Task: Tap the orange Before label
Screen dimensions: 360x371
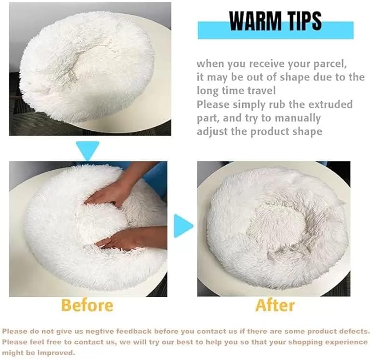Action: click(x=87, y=304)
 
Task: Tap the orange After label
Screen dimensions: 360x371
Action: click(x=275, y=304)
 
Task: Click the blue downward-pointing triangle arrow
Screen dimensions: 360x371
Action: click(x=87, y=149)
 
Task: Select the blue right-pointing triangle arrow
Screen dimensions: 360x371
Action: click(x=183, y=225)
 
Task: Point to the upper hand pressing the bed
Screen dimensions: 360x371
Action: click(x=112, y=193)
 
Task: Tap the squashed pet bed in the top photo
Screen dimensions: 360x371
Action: click(x=87, y=68)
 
